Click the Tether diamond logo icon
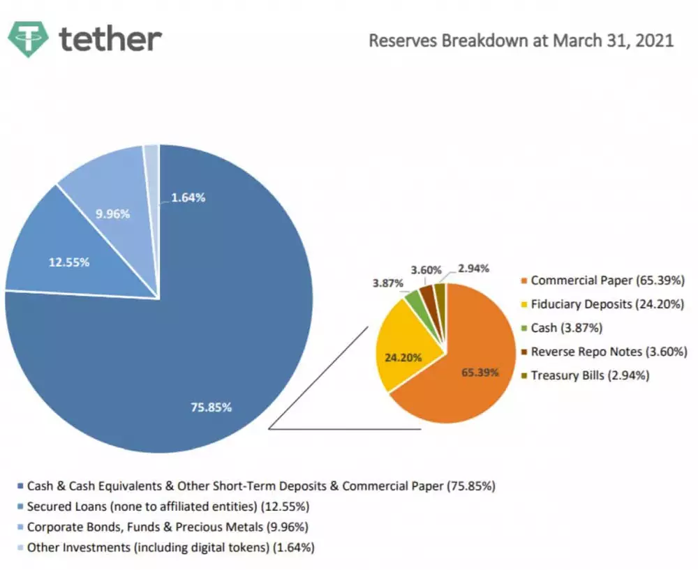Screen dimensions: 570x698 [x=28, y=39]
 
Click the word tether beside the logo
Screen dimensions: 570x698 [x=110, y=39]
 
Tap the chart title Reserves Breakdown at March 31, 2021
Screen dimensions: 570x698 [x=521, y=40]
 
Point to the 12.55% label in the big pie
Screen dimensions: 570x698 [x=68, y=262]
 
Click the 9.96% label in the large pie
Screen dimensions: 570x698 [x=112, y=214]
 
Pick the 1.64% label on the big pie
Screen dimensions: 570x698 [x=187, y=197]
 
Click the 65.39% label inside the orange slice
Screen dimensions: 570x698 [x=480, y=372]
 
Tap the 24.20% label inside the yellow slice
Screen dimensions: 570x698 [x=404, y=357]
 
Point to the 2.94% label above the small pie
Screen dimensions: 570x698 [x=473, y=269]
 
